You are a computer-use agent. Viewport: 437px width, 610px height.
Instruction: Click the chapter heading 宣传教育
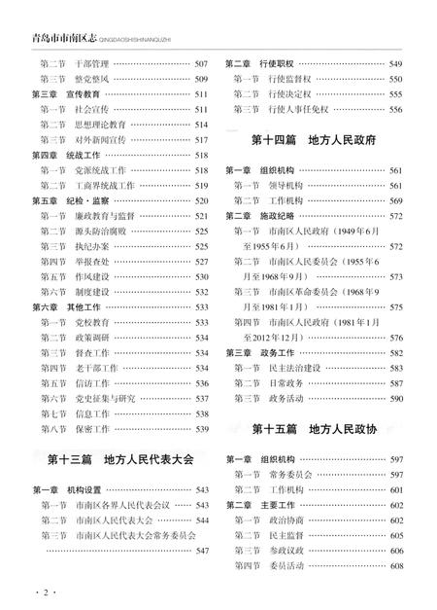click(81, 94)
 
